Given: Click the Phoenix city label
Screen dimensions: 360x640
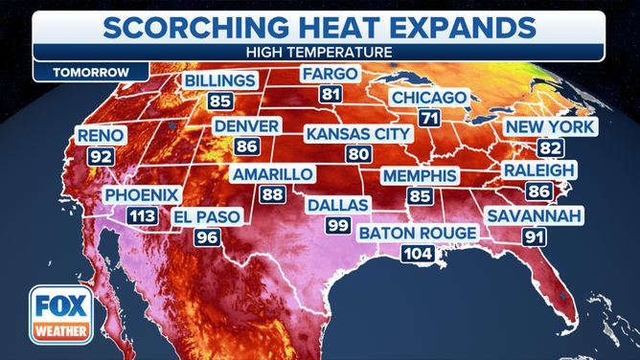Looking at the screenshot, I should [141, 194].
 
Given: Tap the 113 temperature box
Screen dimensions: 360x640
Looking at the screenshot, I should [141, 216].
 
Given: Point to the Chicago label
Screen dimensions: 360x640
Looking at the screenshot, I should [428, 99].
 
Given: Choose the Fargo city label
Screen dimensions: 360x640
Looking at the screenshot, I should [330, 74].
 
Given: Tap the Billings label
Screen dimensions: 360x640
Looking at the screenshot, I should [220, 79].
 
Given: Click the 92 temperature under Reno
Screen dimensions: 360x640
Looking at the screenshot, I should [100, 154].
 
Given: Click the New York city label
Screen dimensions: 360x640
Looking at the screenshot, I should [550, 127].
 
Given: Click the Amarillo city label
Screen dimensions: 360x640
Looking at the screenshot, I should [272, 174].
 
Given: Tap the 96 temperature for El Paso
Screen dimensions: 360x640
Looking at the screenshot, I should [207, 237].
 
